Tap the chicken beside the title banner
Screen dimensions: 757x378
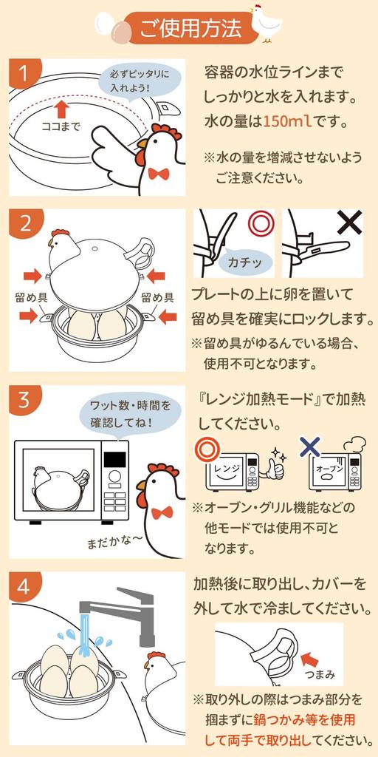(266, 23)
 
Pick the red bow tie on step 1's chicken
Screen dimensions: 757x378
(157, 173)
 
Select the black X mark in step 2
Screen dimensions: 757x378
(348, 223)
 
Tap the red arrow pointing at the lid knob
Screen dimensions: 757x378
(319, 655)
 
